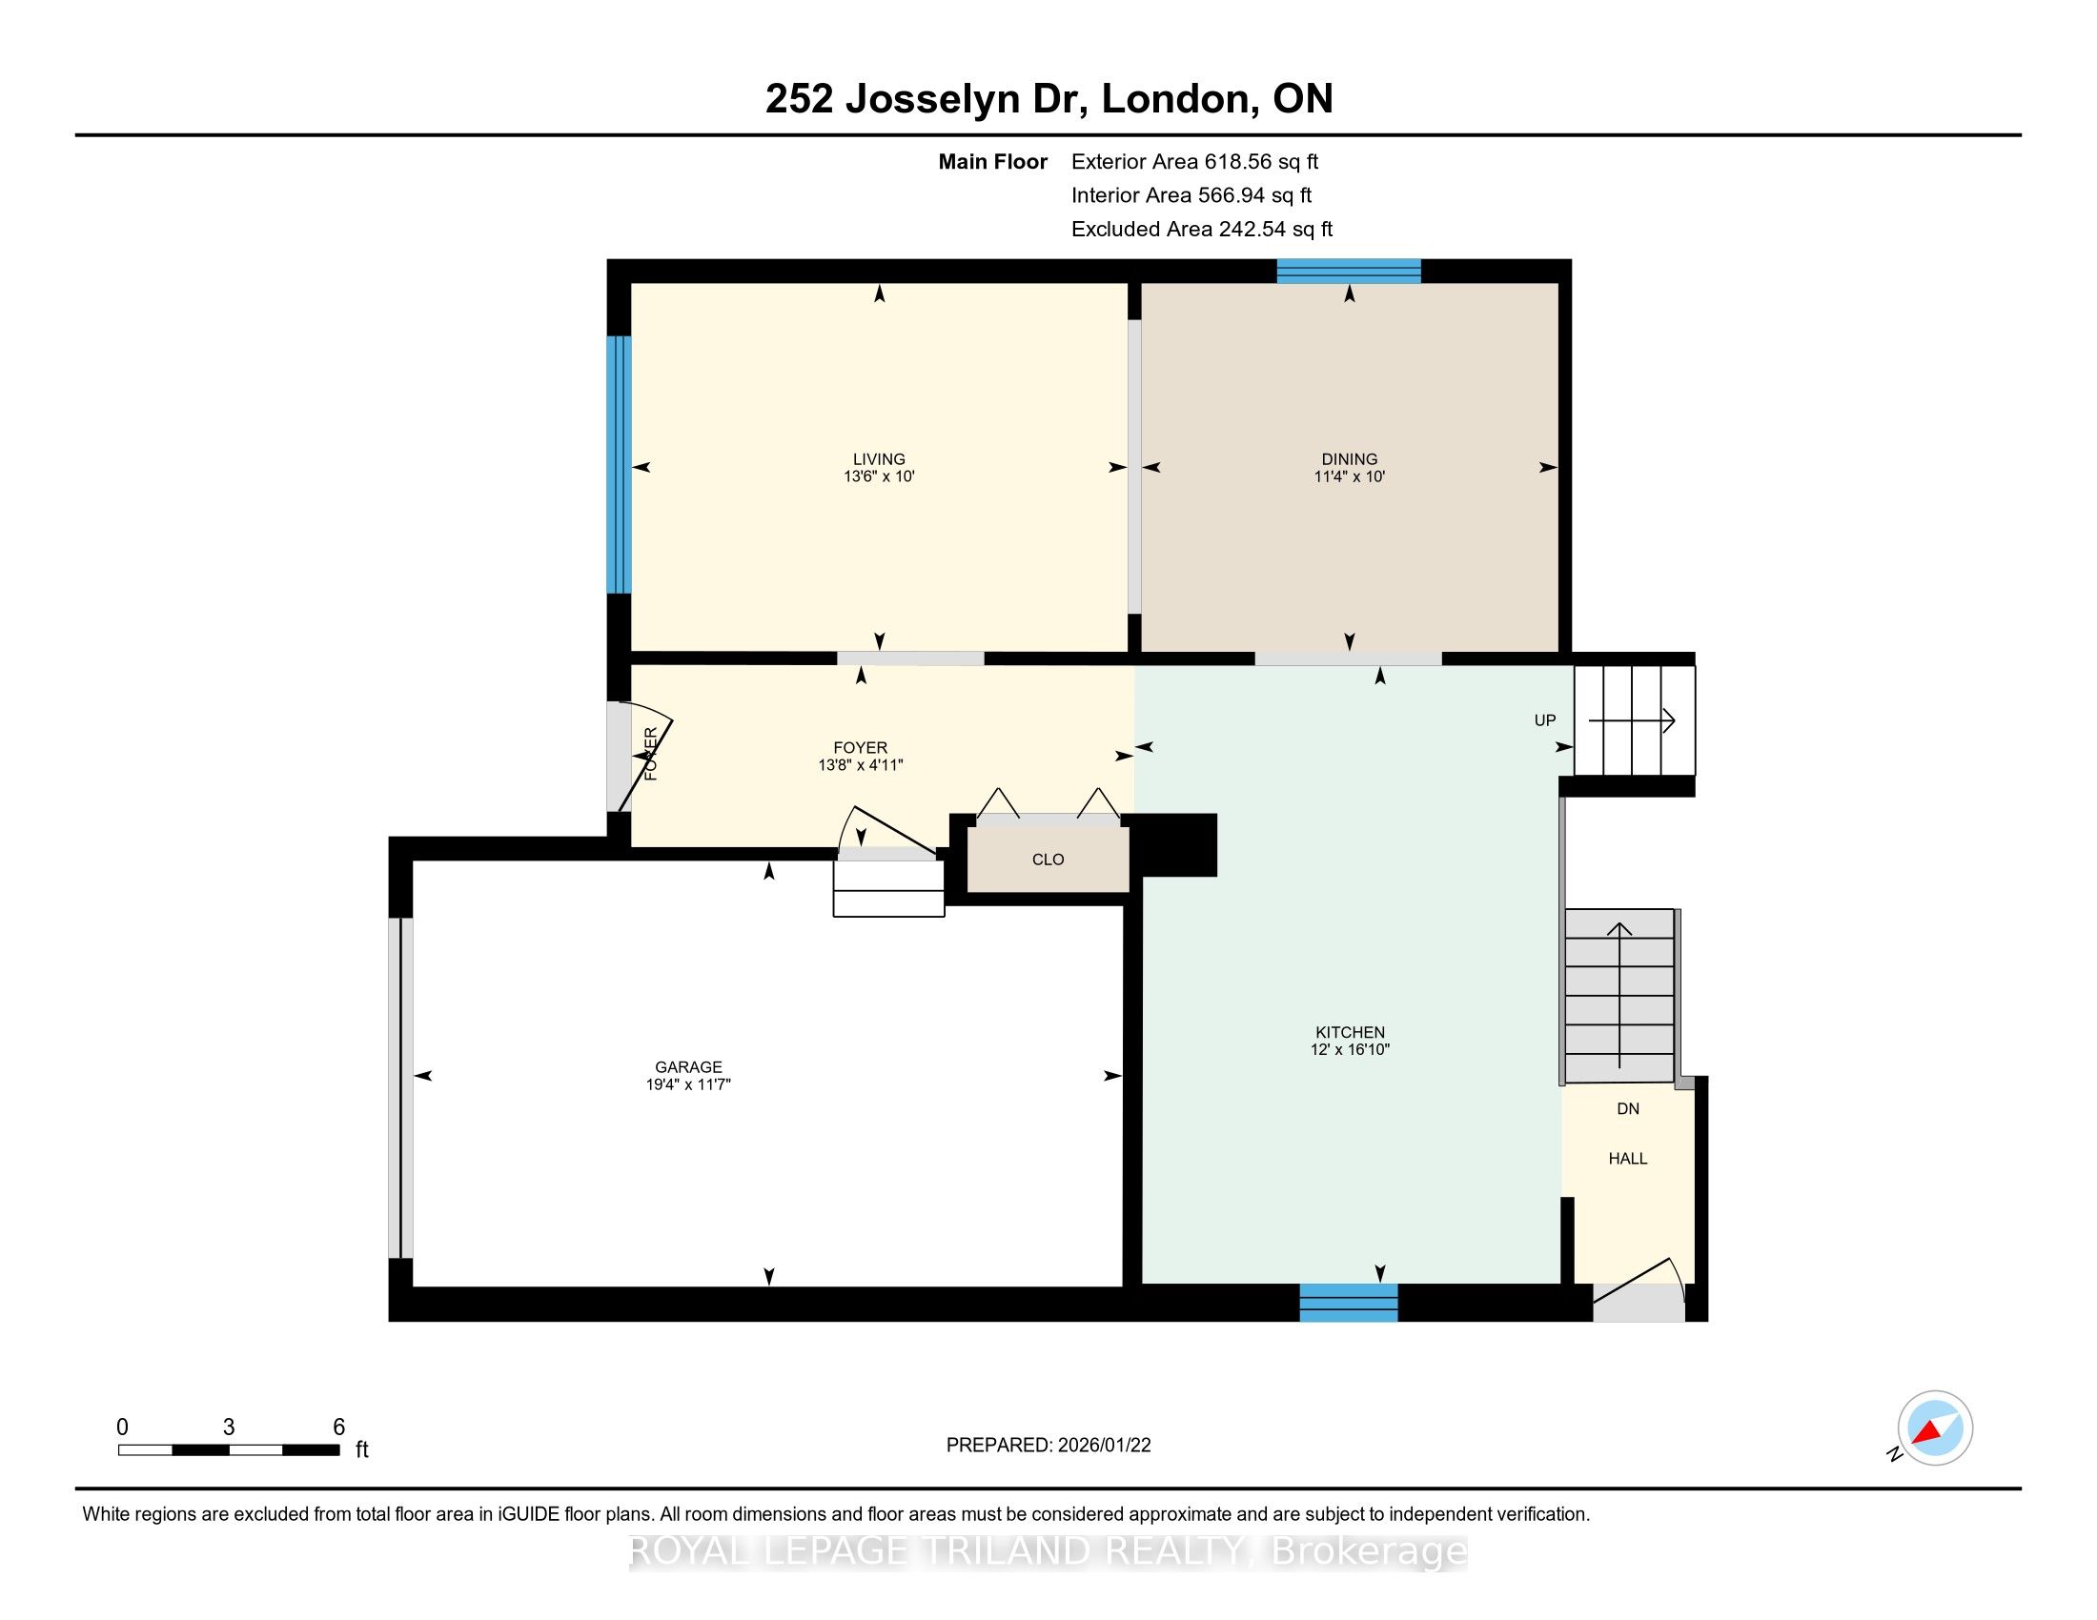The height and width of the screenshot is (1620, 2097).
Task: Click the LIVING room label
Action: pos(879,458)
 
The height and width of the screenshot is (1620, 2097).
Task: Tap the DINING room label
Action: pos(1349,458)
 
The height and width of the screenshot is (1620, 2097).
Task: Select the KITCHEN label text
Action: pos(1350,1033)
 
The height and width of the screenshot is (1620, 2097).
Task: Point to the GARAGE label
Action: pos(688,1067)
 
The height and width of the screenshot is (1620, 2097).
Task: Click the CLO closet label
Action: pos(1048,860)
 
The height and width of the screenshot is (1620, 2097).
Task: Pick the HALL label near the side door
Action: pos(1627,1160)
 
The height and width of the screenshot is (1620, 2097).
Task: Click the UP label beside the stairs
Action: pos(1545,720)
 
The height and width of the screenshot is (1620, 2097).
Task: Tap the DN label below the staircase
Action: pos(1627,1109)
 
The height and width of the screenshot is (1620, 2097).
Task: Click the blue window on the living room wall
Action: pos(620,464)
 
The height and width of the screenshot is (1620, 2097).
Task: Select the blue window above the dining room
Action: pos(1348,272)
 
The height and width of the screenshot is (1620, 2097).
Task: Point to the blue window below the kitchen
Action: pos(1348,1304)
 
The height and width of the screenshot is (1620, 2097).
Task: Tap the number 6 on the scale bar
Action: pos(339,1428)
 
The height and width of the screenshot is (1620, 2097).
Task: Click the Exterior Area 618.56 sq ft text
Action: pos(1194,162)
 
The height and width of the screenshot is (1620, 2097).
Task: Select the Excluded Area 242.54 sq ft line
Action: pos(1202,230)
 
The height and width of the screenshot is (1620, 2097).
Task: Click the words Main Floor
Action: pos(993,162)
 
